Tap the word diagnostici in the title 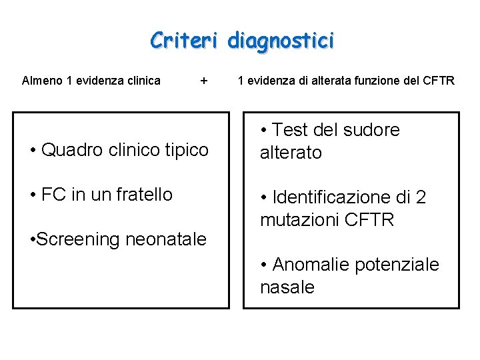(281, 41)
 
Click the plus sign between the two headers (203, 81)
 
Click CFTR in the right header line (439, 81)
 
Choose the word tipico (183, 150)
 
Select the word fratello (143, 195)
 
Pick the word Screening (79, 239)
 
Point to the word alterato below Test (291, 153)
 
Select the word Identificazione (335, 197)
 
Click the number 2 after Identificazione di (421, 197)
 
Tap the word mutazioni (297, 220)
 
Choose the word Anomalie (311, 265)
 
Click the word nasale (287, 287)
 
